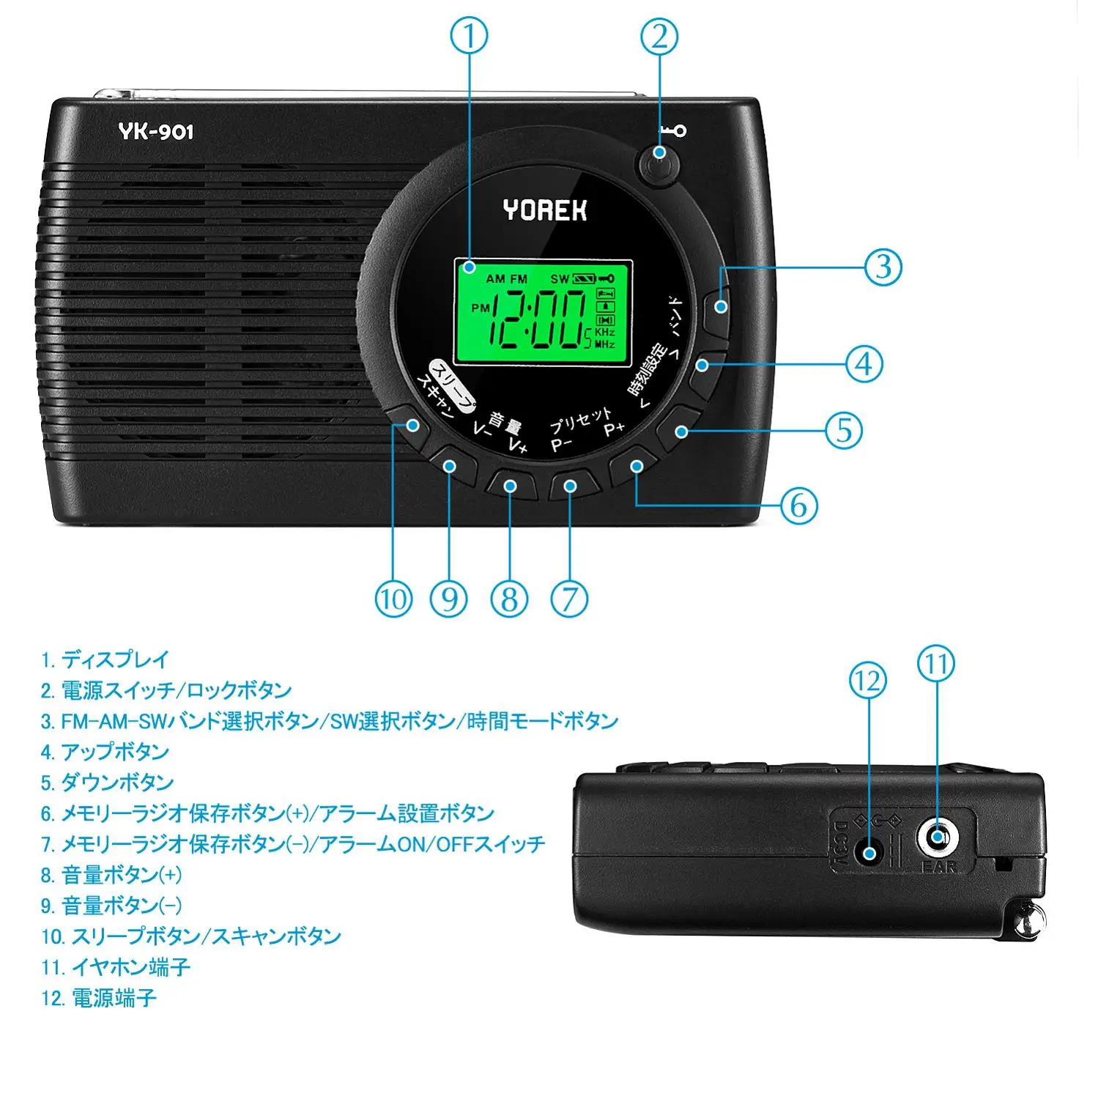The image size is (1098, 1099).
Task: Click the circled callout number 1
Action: [x=469, y=36]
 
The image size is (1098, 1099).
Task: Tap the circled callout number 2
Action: [x=659, y=37]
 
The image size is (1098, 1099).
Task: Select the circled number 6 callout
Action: [x=798, y=505]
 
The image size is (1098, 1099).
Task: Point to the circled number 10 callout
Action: [x=394, y=599]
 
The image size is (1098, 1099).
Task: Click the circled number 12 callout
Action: [x=868, y=681]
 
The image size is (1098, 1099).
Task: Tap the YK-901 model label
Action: [x=156, y=131]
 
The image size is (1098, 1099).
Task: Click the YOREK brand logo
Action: [x=545, y=210]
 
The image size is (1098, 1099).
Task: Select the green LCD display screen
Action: [x=543, y=312]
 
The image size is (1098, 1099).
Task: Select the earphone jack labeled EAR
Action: [x=938, y=836]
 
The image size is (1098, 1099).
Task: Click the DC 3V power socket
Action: [x=869, y=853]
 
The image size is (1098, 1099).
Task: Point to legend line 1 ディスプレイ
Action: [x=105, y=659]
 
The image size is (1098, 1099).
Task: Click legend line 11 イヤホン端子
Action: [x=116, y=967]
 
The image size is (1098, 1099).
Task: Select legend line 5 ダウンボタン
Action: [x=107, y=782]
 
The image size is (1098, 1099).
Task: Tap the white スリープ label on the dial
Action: [x=452, y=382]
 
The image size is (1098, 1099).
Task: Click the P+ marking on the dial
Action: [x=614, y=429]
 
